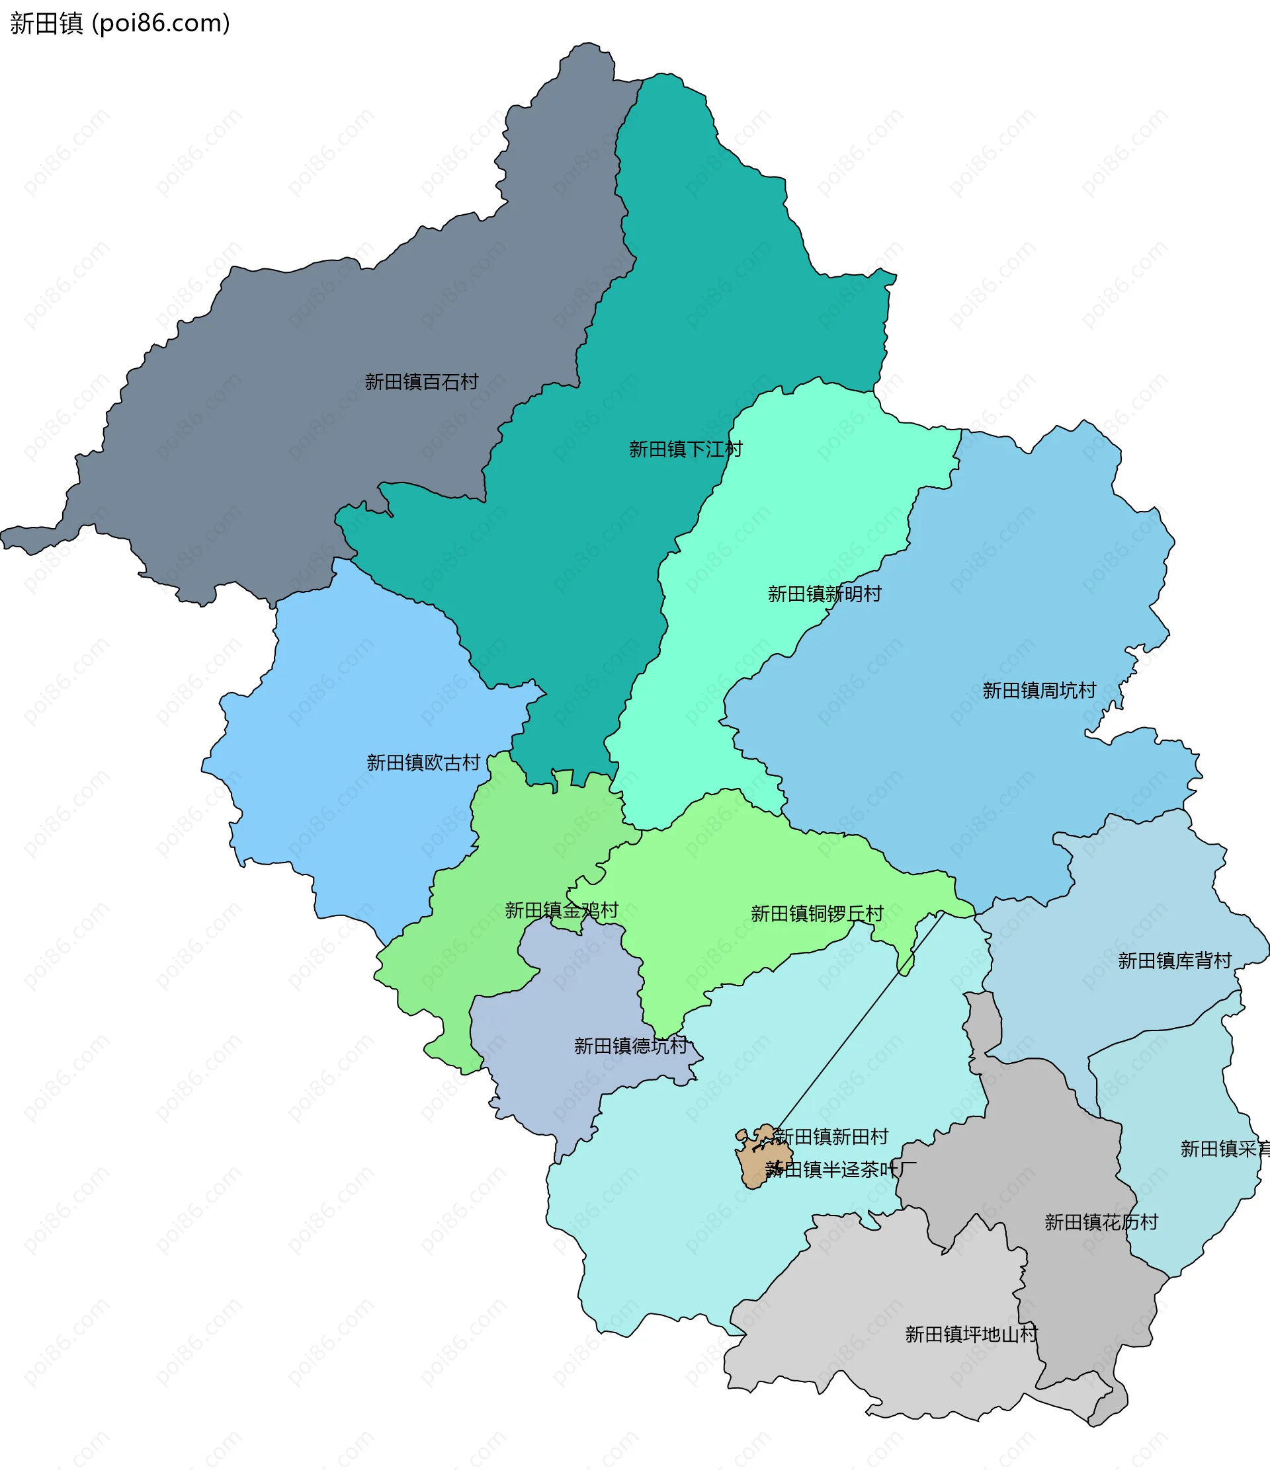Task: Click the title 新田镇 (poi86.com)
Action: coord(119,23)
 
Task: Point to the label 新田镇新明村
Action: coord(824,594)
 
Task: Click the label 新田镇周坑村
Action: coord(1038,691)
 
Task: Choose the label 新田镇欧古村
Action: coord(423,763)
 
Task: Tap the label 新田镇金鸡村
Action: coord(561,911)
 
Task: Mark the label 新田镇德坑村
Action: coord(630,1046)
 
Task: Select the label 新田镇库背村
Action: coord(1174,961)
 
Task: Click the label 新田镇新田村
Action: coord(831,1138)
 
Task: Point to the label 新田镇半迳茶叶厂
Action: coord(841,1170)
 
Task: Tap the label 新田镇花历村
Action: coord(1100,1222)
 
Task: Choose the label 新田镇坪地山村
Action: coord(970,1335)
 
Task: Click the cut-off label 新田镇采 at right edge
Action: coord(1224,1149)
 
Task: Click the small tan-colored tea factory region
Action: coord(753,1163)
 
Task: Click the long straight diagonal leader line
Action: coord(859,1022)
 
